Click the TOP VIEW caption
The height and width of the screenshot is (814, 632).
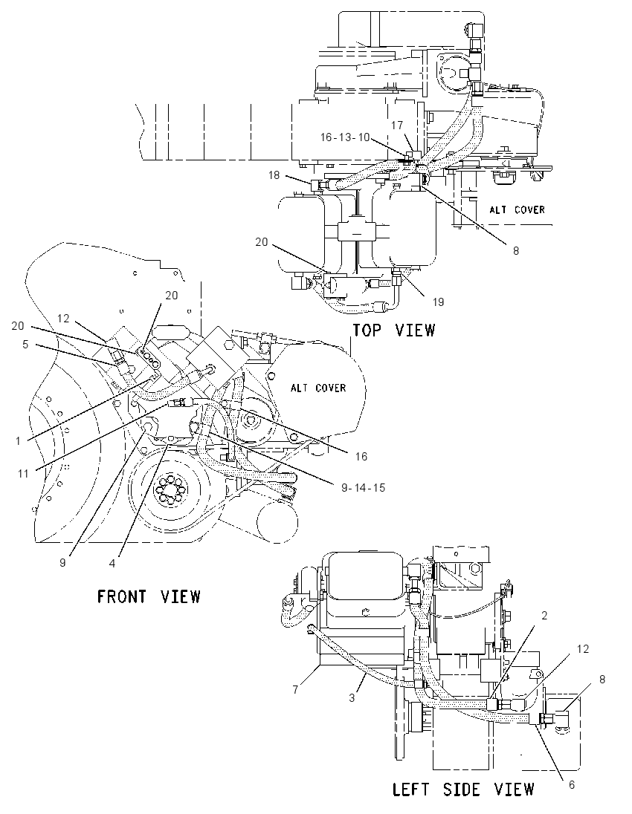394,331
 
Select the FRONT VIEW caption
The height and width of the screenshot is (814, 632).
149,596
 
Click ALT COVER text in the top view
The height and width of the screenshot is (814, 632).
517,209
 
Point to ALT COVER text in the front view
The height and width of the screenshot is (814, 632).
318,388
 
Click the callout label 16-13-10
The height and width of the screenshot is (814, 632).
344,137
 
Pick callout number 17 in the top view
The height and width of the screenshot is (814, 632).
397,125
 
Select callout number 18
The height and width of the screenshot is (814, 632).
274,175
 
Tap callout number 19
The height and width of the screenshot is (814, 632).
438,302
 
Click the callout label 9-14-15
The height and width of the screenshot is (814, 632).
364,487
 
